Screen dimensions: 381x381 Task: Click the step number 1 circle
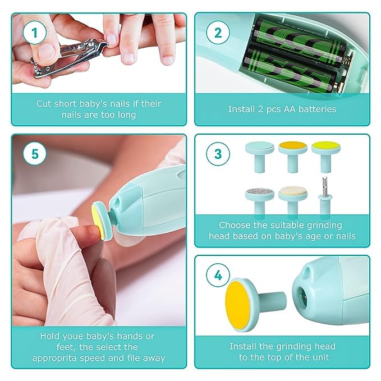click(x=35, y=33)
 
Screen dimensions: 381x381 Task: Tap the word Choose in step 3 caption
click(x=235, y=225)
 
